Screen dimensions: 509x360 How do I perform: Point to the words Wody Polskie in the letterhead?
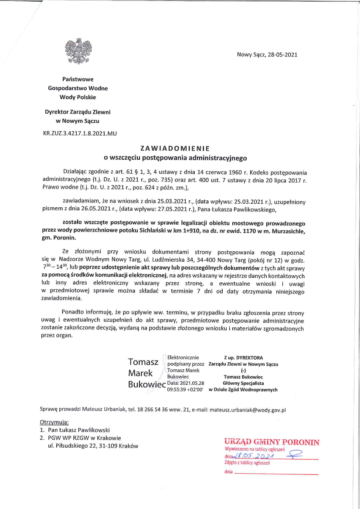coord(78,97)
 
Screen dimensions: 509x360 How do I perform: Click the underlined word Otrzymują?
coord(54,422)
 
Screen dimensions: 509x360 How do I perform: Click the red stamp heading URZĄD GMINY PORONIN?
coord(272,442)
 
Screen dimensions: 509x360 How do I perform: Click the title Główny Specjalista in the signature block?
coord(243,383)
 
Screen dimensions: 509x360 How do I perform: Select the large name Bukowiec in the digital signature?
coord(147,384)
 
